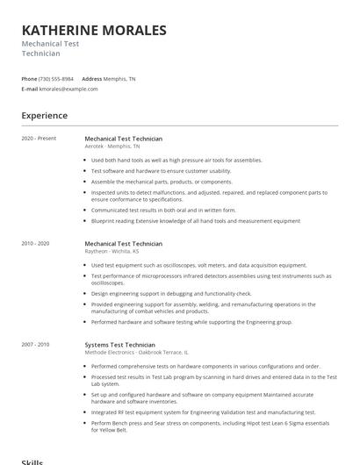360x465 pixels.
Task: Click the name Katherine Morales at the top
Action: [x=94, y=31]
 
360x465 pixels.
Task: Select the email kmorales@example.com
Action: [x=68, y=89]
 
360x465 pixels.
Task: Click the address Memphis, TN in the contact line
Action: [x=120, y=78]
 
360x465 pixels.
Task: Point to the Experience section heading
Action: [x=45, y=115]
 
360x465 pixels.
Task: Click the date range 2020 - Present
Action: [x=39, y=139]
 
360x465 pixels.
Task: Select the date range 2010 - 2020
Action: [x=36, y=243]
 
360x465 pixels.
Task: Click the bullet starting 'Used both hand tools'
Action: [x=176, y=161]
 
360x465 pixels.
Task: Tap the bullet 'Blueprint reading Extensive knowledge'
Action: [x=195, y=221]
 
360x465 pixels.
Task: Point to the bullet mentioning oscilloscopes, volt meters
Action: [x=198, y=265]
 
